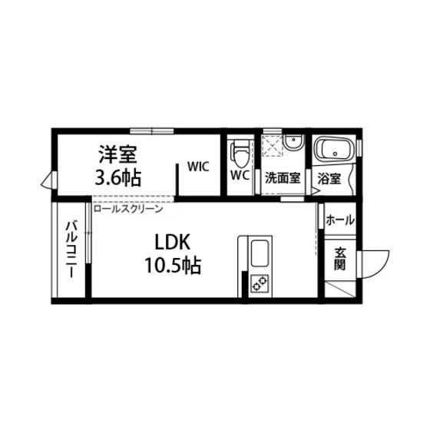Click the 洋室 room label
coord(117,154)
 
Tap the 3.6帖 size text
coord(117,178)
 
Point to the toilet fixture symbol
coord(240,154)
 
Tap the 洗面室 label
coord(282,177)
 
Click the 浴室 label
coord(330,179)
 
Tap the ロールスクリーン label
coord(127,209)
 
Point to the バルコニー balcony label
coord(70,249)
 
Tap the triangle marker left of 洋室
coord(48,181)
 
